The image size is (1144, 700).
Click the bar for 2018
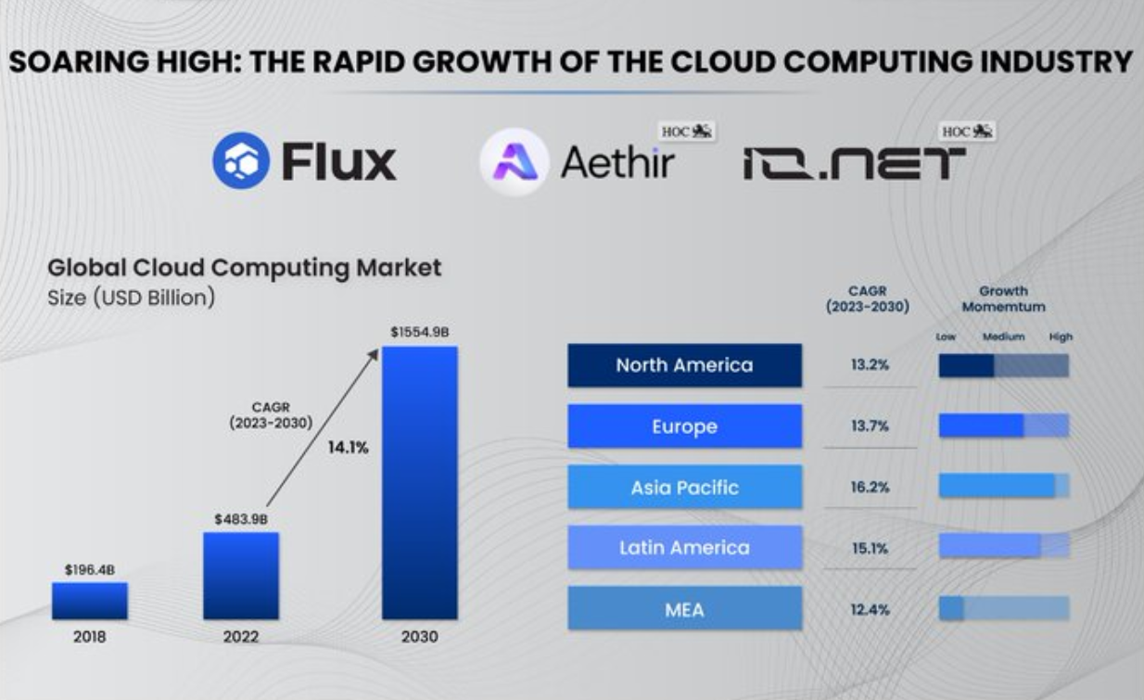(89, 601)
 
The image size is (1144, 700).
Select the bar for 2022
(241, 576)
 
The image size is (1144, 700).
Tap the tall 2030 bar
(419, 482)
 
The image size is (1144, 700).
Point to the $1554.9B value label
(419, 332)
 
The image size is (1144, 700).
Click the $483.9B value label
(241, 519)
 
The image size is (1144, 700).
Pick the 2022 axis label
(241, 637)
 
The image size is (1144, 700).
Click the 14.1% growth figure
(348, 448)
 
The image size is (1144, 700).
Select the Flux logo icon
(241, 160)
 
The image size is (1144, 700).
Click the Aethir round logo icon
(514, 161)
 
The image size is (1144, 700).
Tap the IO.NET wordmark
(853, 164)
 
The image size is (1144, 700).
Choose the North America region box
(684, 365)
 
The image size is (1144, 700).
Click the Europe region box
(684, 426)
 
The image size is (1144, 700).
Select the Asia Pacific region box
(684, 487)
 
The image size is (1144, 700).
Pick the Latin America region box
(684, 548)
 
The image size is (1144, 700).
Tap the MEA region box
(684, 609)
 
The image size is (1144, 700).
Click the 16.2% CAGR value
(870, 487)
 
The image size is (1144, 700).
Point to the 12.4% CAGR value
(870, 609)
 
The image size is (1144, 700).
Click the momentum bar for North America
(1003, 365)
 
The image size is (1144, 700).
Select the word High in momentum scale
(1061, 337)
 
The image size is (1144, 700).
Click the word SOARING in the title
(71, 62)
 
